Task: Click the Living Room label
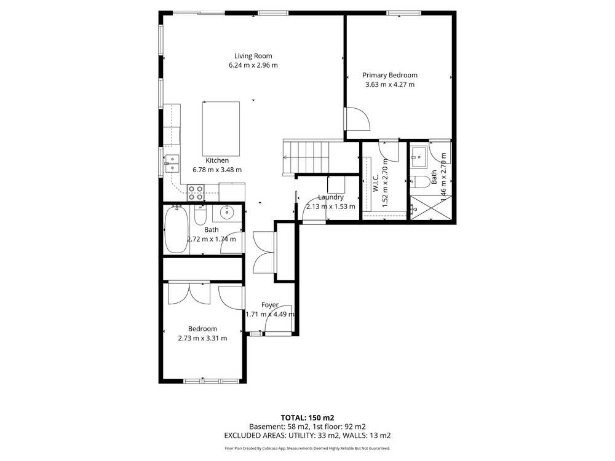(x=253, y=56)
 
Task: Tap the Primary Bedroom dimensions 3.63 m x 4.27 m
(x=390, y=84)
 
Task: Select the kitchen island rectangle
(x=221, y=129)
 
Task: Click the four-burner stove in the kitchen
(x=196, y=192)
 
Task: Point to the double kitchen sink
(x=172, y=164)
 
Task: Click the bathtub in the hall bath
(x=176, y=229)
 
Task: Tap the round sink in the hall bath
(x=227, y=213)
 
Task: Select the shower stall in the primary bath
(x=430, y=208)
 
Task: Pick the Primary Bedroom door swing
(x=357, y=119)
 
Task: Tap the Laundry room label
(x=331, y=197)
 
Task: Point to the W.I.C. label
(x=375, y=183)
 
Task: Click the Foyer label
(x=270, y=305)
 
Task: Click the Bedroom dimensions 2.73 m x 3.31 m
(x=202, y=338)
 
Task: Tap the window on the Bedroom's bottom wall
(x=212, y=380)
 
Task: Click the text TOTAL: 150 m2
(x=307, y=418)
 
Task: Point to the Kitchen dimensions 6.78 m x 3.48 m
(x=217, y=170)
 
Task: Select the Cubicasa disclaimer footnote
(x=307, y=449)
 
